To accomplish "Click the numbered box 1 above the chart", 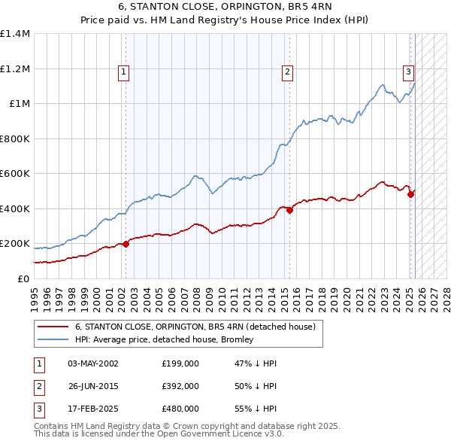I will point(123,72).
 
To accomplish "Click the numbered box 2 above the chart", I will point(287,72).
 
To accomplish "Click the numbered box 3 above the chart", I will point(408,72).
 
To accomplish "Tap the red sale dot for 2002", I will point(126,243).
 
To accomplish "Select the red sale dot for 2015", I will point(289,210).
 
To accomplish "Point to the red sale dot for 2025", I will point(410,194).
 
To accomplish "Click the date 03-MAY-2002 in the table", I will point(93,363).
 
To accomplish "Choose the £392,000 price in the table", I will point(180,386).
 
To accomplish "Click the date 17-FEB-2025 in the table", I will point(93,409).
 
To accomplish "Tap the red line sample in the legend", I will point(52,327).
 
